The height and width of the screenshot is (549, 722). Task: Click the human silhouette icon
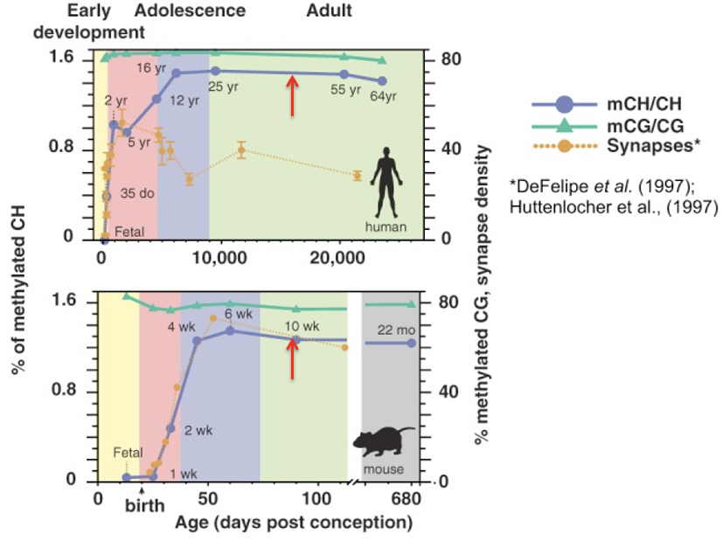(385, 184)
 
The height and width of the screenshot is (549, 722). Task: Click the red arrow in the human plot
(294, 90)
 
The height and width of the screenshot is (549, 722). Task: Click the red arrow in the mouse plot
(294, 358)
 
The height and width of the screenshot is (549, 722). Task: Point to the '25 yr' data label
(223, 87)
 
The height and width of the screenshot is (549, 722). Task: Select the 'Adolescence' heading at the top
(190, 11)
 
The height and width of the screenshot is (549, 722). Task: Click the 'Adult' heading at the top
(330, 11)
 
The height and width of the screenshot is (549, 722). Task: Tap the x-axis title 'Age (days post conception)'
(293, 523)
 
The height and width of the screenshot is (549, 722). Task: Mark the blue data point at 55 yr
(344, 74)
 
